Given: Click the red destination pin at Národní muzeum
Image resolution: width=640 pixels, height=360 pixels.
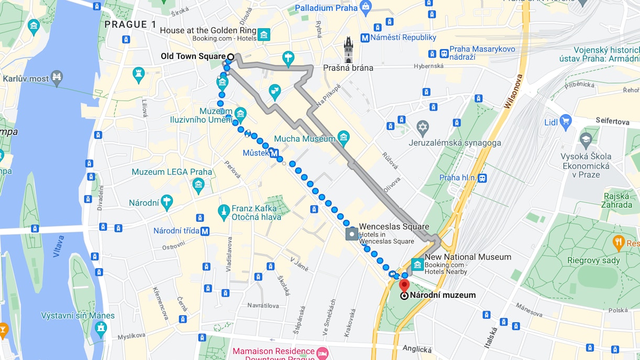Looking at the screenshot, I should click(404, 286).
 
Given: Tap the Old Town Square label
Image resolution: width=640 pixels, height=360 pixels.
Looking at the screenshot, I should click(193, 56).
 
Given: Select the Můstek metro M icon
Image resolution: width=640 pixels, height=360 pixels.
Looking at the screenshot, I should click(273, 154).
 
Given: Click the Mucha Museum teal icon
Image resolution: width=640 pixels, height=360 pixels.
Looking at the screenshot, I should click(344, 139).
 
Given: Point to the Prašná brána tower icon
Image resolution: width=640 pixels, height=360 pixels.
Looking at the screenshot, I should click(349, 50).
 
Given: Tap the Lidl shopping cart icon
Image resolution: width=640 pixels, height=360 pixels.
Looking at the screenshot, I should click(565, 122).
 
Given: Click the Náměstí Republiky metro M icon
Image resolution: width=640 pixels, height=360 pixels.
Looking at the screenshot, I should click(364, 38).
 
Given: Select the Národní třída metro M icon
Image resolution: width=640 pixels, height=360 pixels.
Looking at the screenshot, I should click(205, 231).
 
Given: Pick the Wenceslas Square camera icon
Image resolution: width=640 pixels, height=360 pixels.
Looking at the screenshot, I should click(351, 234).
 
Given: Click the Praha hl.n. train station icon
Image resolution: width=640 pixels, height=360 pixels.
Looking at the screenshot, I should click(482, 178).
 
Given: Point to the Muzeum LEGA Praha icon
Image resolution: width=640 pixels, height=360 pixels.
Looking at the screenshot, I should click(198, 184).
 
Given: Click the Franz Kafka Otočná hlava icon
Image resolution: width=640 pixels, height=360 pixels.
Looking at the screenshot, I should click(224, 211).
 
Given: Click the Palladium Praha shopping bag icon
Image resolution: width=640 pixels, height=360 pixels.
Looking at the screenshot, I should click(366, 7).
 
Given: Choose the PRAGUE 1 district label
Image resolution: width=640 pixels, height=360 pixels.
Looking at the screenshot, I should click(130, 24).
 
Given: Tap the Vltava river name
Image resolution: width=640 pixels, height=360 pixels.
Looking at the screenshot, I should click(58, 246).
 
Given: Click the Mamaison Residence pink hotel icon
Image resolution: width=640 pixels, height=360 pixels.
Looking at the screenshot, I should click(322, 351).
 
